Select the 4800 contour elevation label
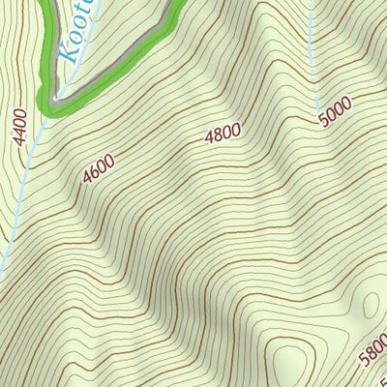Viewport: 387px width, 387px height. (222, 134)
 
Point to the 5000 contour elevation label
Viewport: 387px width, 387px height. (335, 111)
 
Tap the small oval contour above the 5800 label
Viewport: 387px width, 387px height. (371, 305)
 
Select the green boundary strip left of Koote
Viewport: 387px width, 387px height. (45, 48)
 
